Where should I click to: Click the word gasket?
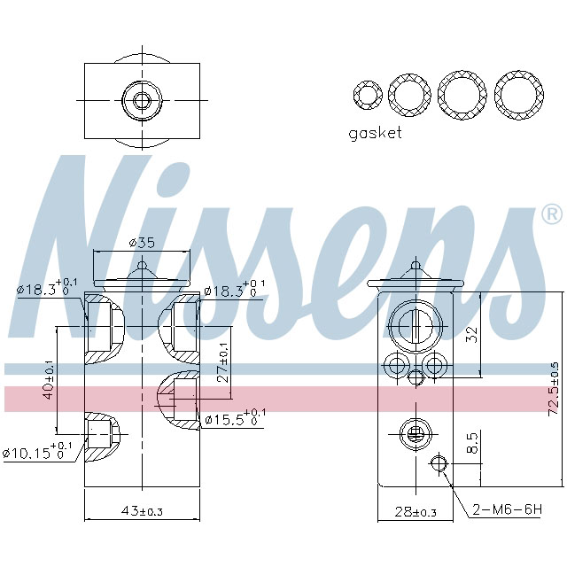pyautogui.click(x=375, y=133)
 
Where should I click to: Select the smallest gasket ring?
pyautogui.click(x=366, y=94)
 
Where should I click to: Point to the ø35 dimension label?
pyautogui.click(x=142, y=242)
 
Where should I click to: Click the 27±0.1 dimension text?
pyautogui.click(x=222, y=363)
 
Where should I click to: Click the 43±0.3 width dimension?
pyautogui.click(x=142, y=512)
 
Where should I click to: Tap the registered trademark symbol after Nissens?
pyautogui.click(x=551, y=214)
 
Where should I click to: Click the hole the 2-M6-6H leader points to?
pyautogui.click(x=438, y=463)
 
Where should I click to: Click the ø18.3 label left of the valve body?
pyautogui.click(x=44, y=289)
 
